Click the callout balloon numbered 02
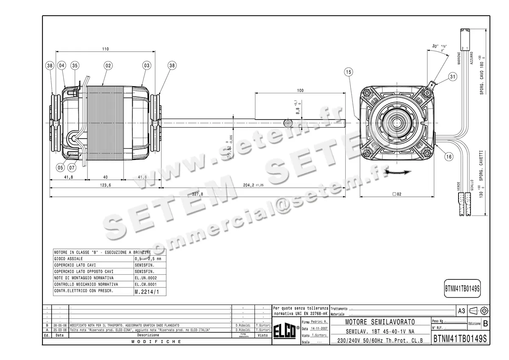(108, 66)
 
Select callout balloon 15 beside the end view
(349, 73)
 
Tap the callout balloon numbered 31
(453, 77)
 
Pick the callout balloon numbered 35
(75, 66)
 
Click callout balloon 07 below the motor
(72, 167)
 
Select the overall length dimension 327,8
(198, 194)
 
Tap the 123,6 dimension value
(106, 185)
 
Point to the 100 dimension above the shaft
(300, 91)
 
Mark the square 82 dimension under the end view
(397, 194)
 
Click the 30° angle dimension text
(435, 46)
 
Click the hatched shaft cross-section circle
(288, 123)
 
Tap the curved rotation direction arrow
(397, 172)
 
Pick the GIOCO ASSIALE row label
(69, 258)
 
